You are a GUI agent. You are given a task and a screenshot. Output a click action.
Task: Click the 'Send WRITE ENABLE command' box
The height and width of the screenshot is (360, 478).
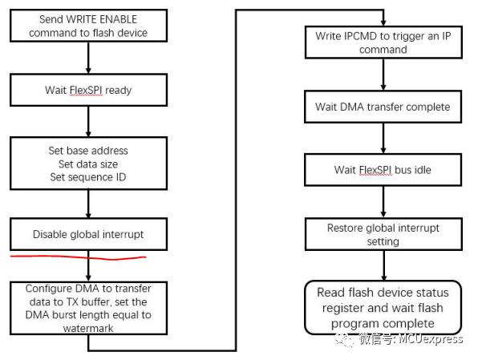[x=88, y=26]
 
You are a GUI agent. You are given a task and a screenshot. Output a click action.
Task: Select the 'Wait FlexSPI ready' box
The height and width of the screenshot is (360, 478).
[x=88, y=90]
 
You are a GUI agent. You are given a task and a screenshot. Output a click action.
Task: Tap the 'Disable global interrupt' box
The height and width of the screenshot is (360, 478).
[x=88, y=234]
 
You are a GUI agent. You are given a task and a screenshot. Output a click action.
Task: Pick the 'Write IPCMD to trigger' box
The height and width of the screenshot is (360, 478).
[x=383, y=42]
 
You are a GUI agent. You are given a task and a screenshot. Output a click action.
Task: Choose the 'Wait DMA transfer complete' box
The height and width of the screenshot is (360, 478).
[x=383, y=107]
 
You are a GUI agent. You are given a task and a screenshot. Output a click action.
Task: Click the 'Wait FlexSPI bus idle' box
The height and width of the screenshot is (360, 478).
[x=383, y=170]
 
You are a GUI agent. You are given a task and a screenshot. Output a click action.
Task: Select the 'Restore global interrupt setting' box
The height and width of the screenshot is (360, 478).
[x=383, y=234]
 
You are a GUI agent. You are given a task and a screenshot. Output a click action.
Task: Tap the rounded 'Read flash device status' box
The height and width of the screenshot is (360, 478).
[x=383, y=307]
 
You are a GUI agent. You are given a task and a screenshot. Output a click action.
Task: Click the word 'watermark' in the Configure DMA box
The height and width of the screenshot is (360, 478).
[x=88, y=328]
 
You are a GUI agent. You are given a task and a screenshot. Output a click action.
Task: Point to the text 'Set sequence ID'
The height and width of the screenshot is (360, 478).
[x=88, y=177]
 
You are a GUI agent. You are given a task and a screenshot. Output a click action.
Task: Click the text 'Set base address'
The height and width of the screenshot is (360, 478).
[x=88, y=151]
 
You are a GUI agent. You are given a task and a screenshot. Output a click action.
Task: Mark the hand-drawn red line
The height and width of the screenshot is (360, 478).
[x=79, y=257]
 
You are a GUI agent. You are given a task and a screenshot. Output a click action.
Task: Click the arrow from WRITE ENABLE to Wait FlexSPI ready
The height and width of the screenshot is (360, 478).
[x=88, y=58]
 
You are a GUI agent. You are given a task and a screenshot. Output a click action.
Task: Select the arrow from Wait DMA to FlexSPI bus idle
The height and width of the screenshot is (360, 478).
[x=383, y=138]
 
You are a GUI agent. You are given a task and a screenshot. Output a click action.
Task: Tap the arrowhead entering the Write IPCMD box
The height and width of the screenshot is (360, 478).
[x=383, y=23]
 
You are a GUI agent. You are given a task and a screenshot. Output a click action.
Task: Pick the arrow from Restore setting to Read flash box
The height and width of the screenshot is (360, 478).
[x=384, y=265]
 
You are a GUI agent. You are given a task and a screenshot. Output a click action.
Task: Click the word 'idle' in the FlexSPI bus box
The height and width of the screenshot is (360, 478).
[x=423, y=170]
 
